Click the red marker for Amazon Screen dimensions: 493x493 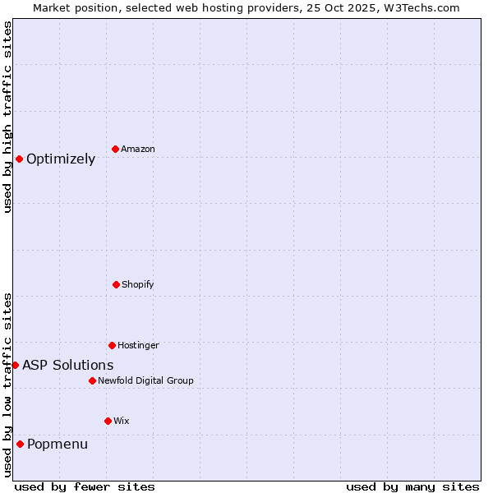tap(116, 149)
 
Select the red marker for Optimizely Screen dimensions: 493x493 tap(19, 159)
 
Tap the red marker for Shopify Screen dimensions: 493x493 tap(116, 284)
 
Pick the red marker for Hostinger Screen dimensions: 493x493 tap(112, 345)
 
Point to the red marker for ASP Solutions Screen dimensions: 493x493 tap(15, 365)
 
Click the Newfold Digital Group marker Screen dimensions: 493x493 tap(92, 380)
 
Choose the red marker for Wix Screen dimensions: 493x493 tap(108, 421)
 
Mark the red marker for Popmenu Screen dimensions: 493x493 tap(20, 444)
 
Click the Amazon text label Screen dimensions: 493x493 tap(138, 149)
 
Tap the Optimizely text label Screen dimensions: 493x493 tap(61, 159)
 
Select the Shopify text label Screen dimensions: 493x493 tap(138, 284)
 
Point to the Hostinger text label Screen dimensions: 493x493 tap(138, 345)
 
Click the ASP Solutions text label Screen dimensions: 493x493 tap(68, 365)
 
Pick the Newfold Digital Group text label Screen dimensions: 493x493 tap(145, 380)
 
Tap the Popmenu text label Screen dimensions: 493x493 tap(58, 445)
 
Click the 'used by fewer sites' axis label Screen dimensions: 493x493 tap(85, 486)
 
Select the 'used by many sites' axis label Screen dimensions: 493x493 tap(412, 486)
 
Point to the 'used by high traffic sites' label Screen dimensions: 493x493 tap(7, 117)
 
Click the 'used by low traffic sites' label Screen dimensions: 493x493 tap(7, 385)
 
